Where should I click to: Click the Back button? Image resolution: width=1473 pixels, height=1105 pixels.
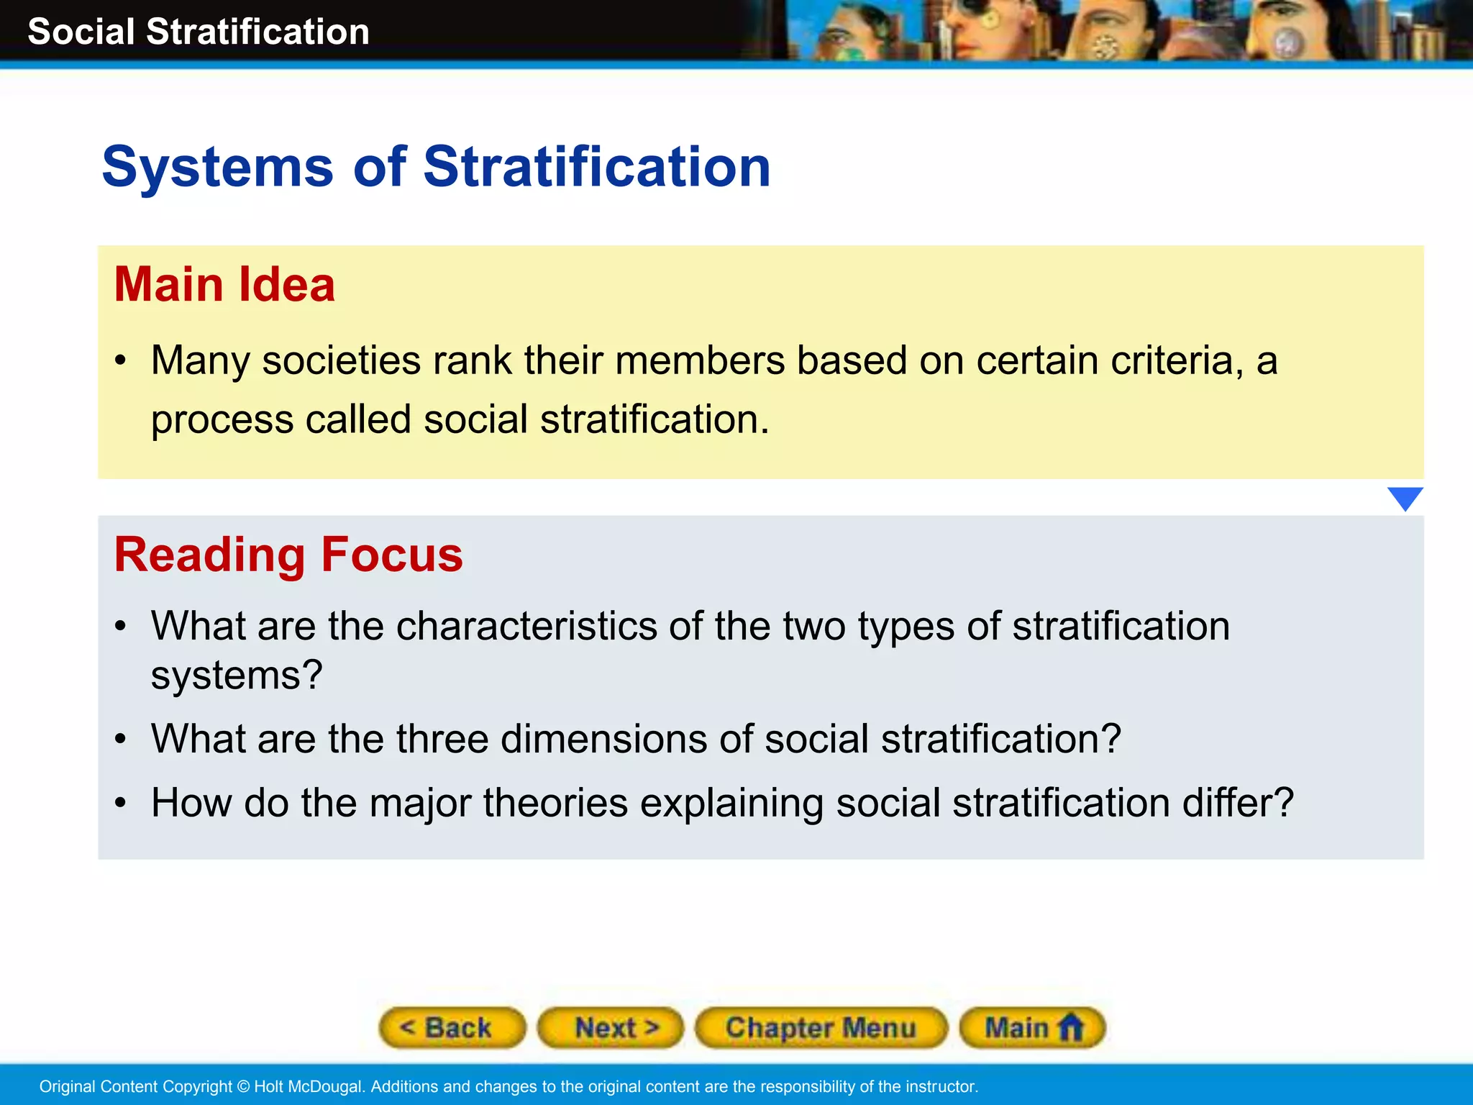[x=452, y=1027]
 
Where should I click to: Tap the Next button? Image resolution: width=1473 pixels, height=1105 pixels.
[x=611, y=1027]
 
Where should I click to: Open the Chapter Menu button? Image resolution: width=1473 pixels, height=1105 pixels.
[x=821, y=1027]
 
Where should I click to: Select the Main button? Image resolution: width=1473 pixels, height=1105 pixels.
[x=1031, y=1027]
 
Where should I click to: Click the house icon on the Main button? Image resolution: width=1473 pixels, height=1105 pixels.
[x=1071, y=1027]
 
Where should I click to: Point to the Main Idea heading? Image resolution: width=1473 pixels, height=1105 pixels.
[x=224, y=284]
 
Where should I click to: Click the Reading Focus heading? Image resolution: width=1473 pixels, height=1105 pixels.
[x=288, y=555]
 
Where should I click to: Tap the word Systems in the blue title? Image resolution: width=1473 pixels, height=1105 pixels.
[x=217, y=167]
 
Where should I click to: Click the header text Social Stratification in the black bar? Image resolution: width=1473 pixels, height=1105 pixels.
[x=199, y=32]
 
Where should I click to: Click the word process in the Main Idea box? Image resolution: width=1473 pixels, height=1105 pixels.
[x=222, y=420]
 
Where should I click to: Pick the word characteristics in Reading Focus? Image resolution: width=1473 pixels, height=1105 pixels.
[x=526, y=626]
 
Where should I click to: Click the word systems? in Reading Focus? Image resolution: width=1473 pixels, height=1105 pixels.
[x=236, y=676]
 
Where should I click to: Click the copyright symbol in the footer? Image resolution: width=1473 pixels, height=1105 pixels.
[x=243, y=1086]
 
